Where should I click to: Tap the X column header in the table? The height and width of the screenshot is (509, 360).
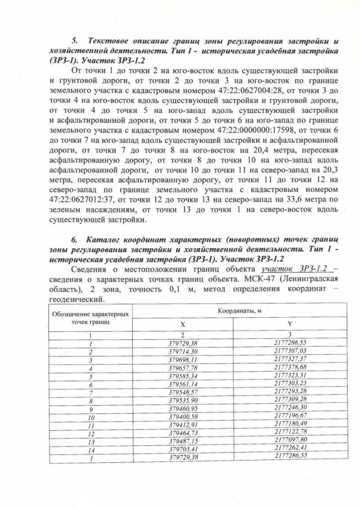click(182, 325)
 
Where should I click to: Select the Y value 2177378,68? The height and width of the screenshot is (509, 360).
click(290, 368)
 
